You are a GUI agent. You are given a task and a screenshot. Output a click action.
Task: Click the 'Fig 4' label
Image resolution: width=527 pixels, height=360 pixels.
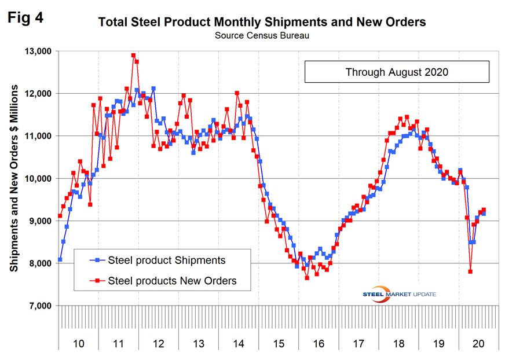pyautogui.click(x=25, y=17)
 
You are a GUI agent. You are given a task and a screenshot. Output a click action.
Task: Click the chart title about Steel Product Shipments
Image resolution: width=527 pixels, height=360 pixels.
pyautogui.click(x=262, y=23)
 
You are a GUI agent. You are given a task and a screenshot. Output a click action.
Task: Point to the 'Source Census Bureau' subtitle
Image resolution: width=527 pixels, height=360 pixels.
pyautogui.click(x=262, y=36)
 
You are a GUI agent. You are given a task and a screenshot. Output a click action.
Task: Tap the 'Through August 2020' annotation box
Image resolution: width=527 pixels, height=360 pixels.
pyautogui.click(x=397, y=72)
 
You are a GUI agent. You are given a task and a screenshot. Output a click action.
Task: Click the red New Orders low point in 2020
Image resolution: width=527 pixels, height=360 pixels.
pyautogui.click(x=471, y=271)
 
